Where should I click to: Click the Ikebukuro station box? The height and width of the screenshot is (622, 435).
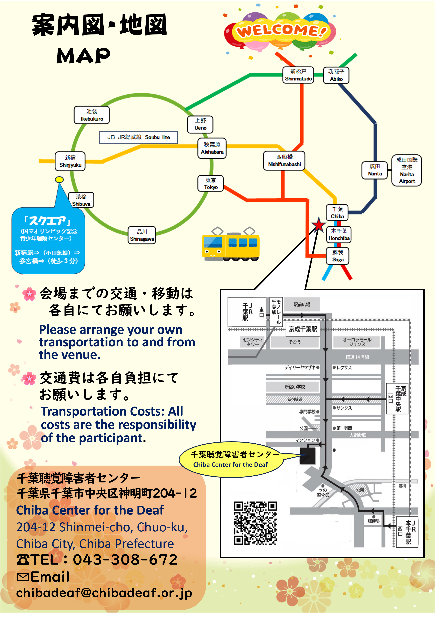pos(92,115)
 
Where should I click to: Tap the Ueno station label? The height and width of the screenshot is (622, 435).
pos(200,124)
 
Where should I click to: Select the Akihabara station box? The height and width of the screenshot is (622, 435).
pos(212,148)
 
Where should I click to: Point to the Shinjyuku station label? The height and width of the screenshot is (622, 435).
pos(70,161)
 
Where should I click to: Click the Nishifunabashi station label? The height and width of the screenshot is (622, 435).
pos(284,161)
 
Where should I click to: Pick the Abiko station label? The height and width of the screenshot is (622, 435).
pos(336,75)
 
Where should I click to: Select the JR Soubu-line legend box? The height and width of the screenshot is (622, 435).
pos(139,137)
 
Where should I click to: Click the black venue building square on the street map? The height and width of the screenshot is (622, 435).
pos(307,456)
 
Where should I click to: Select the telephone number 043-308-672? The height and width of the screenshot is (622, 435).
pos(125,559)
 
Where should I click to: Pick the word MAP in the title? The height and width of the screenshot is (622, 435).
pos(83,56)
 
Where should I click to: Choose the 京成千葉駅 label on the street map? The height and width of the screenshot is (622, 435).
pos(303,329)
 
